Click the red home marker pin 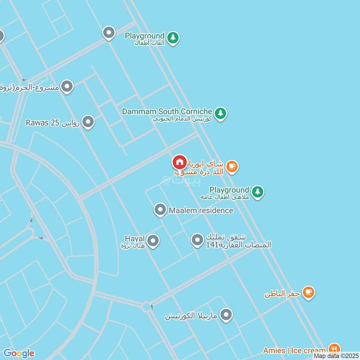[x=180, y=162]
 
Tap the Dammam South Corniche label [x=167, y=111]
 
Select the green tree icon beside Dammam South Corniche [x=220, y=113]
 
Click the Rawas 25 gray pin [x=88, y=121]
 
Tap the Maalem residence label [x=201, y=210]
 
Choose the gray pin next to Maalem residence [x=160, y=210]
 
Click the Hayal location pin [x=153, y=241]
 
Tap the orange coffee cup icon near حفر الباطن [x=308, y=292]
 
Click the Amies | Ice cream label [x=294, y=350]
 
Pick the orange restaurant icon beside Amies [x=334, y=348]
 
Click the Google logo [x=19, y=353]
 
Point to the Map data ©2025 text [x=335, y=356]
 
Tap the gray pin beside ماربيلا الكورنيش [x=226, y=315]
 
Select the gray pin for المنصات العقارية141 [x=197, y=240]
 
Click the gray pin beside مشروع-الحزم [x=67, y=86]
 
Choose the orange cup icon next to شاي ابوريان [x=232, y=167]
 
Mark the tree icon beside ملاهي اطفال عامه [x=257, y=192]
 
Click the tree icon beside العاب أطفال [x=173, y=38]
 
